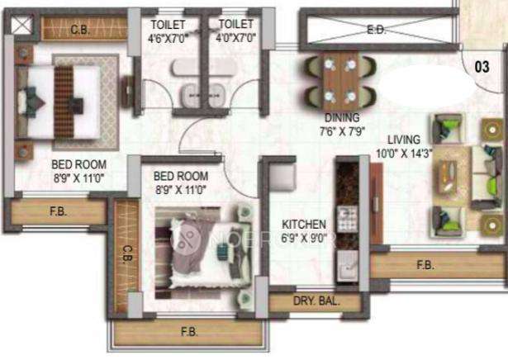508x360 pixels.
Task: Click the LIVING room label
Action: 402,139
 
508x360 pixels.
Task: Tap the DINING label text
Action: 341,118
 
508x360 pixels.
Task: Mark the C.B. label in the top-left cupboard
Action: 80,31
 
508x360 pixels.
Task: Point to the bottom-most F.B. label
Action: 188,332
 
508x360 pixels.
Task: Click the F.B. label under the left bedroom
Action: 58,211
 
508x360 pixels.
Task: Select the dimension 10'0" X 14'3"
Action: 402,154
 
